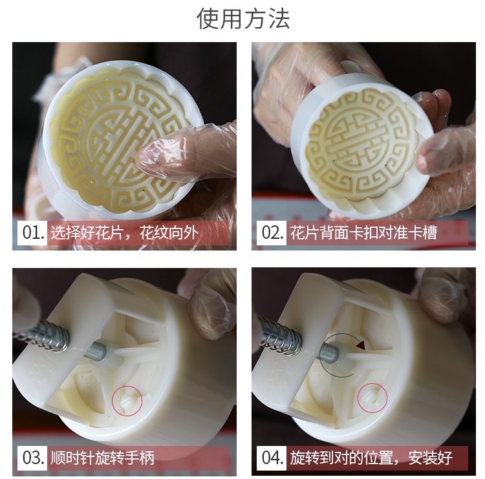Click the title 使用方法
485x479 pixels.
[243, 19]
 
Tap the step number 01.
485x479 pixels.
[33, 232]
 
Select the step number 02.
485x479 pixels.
[272, 232]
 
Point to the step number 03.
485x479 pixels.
[33, 458]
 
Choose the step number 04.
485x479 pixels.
[272, 458]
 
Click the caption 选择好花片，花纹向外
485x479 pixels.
[124, 232]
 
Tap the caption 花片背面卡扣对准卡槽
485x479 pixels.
[363, 232]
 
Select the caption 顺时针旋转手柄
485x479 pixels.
[102, 458]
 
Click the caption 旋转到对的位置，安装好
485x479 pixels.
[371, 458]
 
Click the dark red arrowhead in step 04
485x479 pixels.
[361, 345]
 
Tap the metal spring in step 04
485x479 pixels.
[280, 335]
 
